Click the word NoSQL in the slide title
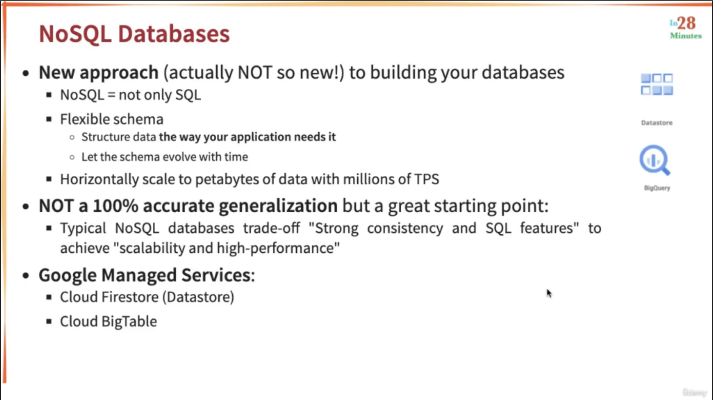click(x=75, y=34)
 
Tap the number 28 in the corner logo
click(x=686, y=23)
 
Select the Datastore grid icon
click(x=657, y=85)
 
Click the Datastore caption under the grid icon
click(x=657, y=123)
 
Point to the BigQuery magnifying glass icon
click(x=655, y=160)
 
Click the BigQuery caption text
click(x=657, y=188)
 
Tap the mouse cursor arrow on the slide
click(x=549, y=293)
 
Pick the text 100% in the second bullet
click(x=115, y=205)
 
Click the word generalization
click(x=278, y=206)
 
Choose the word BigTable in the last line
click(x=129, y=321)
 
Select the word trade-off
click(x=272, y=228)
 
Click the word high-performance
click(x=276, y=248)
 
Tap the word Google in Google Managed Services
click(x=67, y=275)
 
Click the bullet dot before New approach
click(x=26, y=73)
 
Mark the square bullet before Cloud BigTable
click(x=49, y=321)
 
